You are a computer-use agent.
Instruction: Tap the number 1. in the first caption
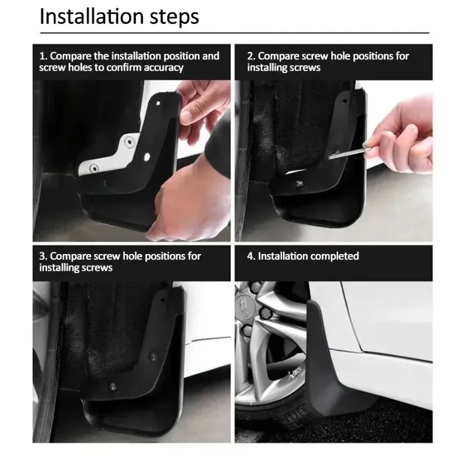(x=43, y=56)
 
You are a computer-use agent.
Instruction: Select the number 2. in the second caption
(x=251, y=56)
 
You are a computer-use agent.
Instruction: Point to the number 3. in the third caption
(x=43, y=256)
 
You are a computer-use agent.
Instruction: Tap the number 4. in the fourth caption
(x=251, y=256)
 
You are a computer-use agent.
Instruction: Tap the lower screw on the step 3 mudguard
(x=112, y=386)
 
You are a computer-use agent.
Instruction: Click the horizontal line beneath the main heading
(x=233, y=33)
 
